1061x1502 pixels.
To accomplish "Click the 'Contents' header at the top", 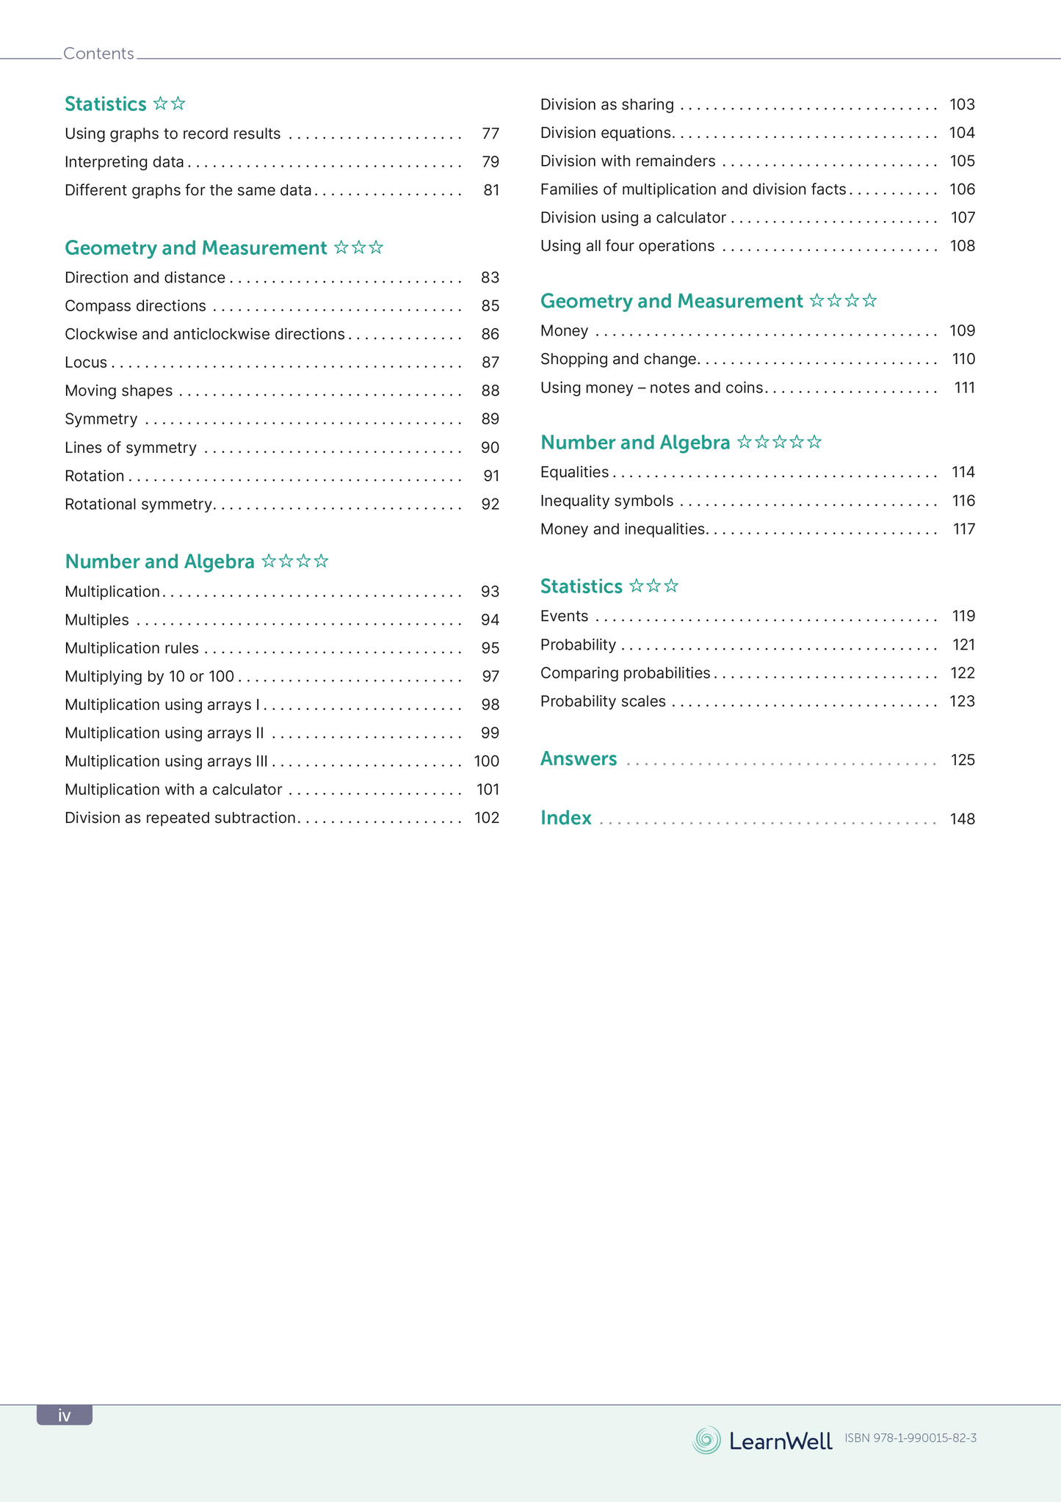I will point(98,54).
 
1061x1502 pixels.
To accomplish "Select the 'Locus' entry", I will point(86,363).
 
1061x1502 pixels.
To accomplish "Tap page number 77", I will point(490,134).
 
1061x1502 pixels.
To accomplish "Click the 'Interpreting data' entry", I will point(124,162).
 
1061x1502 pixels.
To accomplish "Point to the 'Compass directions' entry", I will point(135,306).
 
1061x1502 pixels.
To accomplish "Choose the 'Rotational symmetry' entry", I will point(138,504).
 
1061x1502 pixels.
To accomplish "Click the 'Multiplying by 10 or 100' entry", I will point(149,676).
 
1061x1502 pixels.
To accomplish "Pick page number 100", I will point(487,761).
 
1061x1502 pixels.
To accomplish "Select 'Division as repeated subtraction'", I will point(180,818).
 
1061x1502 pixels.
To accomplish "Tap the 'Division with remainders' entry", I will point(628,162).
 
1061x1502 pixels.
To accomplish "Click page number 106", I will point(962,189).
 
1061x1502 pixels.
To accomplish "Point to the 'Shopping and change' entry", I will point(618,359).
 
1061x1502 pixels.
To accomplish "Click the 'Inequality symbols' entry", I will point(606,501).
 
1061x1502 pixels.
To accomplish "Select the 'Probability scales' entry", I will point(603,701).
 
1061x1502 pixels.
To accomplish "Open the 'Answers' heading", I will point(579,759).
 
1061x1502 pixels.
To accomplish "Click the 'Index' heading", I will point(566,818).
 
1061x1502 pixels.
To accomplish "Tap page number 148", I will point(962,819).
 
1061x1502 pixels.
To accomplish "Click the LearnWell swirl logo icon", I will point(706,1440).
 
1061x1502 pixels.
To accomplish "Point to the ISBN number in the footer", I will point(910,1438).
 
